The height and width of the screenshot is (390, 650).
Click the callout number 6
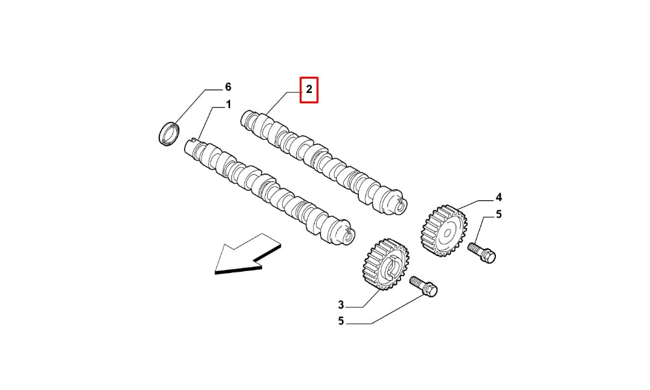click(x=227, y=87)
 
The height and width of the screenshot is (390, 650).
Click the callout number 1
click(x=228, y=105)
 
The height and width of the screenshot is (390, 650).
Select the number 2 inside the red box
click(x=309, y=89)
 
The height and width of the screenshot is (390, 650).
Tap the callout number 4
click(x=499, y=197)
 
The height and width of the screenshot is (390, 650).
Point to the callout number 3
click(x=341, y=305)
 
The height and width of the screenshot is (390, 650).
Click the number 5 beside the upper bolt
click(x=499, y=214)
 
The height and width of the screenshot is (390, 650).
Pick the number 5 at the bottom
click(x=341, y=321)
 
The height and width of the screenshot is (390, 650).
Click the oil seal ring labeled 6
click(x=170, y=133)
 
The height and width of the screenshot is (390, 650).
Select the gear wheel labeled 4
click(x=444, y=231)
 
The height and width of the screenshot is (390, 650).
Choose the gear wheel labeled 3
click(x=386, y=265)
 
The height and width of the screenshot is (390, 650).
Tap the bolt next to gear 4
click(x=482, y=252)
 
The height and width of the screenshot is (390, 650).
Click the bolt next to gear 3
click(x=424, y=287)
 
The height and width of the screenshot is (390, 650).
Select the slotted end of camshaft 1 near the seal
click(x=191, y=147)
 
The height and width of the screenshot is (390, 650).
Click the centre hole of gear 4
click(x=447, y=233)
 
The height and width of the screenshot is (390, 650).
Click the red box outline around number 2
click(x=309, y=77)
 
